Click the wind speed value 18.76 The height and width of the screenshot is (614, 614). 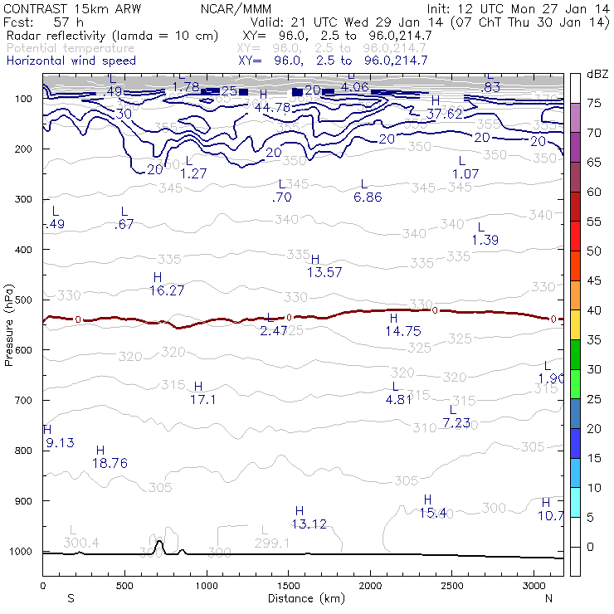pos(110,463)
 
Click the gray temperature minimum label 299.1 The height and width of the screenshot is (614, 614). pos(271,543)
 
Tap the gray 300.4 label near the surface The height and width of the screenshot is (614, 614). pos(81,543)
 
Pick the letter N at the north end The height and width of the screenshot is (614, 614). pos(548,597)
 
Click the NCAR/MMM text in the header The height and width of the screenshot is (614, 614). pos(235,7)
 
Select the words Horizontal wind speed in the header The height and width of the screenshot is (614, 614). pos(71,61)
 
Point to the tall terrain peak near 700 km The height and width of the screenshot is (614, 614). pos(159,544)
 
